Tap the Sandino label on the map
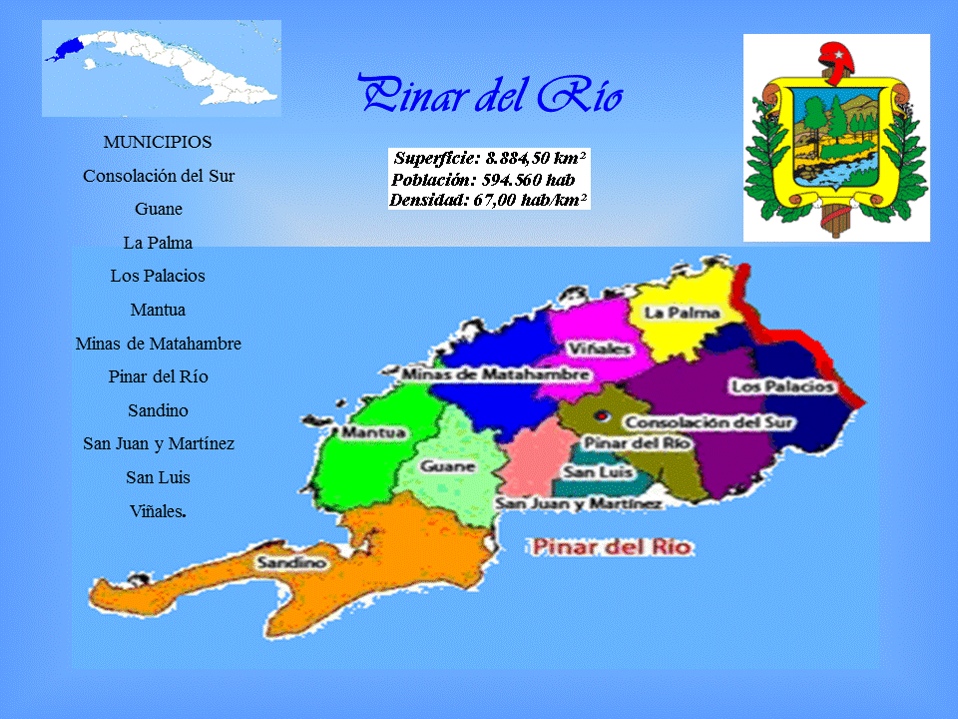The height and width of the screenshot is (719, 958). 290,563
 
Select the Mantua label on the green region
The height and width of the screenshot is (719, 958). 373,433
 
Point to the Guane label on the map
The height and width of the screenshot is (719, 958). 447,466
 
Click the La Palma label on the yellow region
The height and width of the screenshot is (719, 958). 683,313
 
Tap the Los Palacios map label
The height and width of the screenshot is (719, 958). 781,385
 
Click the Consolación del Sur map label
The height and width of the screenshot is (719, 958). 710,422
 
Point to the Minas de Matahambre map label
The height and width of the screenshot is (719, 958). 495,373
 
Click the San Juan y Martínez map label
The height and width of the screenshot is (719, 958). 579,504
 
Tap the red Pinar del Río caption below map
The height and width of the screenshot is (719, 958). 612,547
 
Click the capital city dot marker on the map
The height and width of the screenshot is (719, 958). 601,415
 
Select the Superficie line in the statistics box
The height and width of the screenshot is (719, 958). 489,158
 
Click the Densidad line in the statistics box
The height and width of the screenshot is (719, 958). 488,200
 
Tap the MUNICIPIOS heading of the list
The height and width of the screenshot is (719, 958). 158,142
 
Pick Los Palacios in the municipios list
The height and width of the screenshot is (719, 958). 158,276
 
